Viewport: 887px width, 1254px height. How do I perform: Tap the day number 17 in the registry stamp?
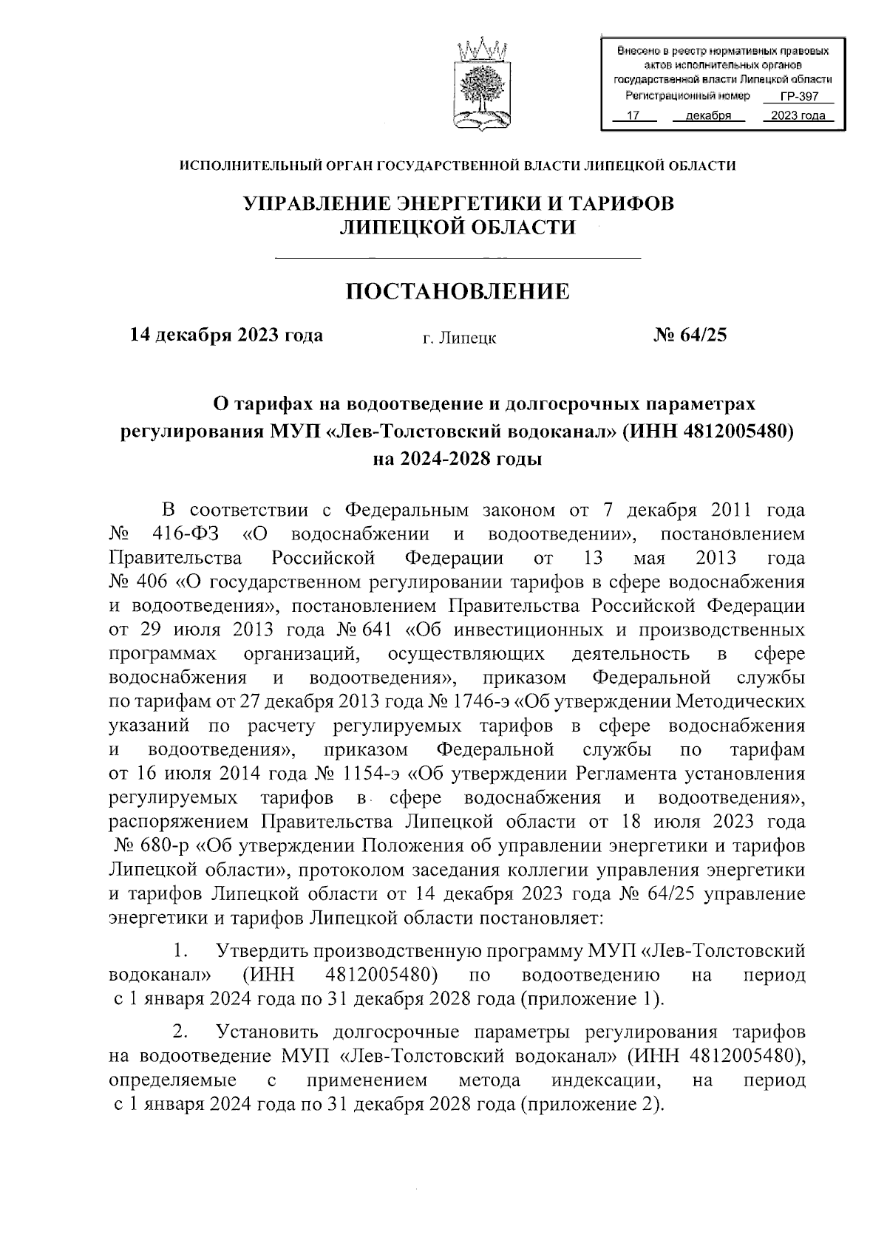coord(632,115)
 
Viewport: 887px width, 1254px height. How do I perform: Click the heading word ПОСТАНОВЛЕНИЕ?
coord(458,292)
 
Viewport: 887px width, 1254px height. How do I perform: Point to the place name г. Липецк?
coord(459,338)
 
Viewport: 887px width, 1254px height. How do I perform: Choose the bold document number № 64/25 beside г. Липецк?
coord(690,335)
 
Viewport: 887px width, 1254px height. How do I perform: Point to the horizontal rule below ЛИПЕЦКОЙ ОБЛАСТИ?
coord(458,257)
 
